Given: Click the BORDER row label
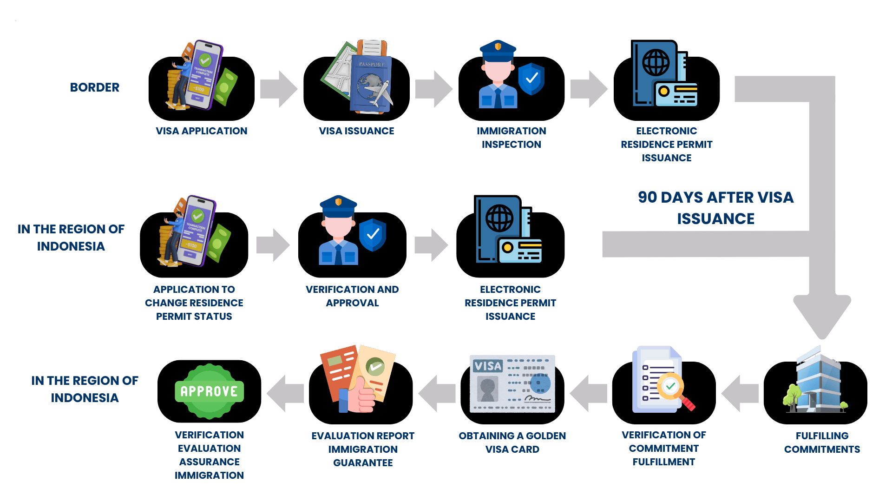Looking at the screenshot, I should pyautogui.click(x=95, y=87).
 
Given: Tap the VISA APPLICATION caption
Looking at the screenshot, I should pyautogui.click(x=202, y=131).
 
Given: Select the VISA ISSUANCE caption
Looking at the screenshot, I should pyautogui.click(x=356, y=131).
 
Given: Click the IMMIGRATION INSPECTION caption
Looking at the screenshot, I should pyautogui.click(x=511, y=138).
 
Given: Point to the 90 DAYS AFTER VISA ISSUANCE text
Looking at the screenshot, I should pyautogui.click(x=715, y=208).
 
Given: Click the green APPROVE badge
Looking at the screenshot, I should pyautogui.click(x=210, y=391).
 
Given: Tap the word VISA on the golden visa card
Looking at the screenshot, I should pyautogui.click(x=487, y=366).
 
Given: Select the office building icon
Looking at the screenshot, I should pyautogui.click(x=818, y=381).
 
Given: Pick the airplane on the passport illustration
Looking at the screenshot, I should pyautogui.click(x=380, y=93).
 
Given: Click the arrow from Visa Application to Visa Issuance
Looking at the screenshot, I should pyautogui.click(x=278, y=89).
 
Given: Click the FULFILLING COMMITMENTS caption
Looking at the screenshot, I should pyautogui.click(x=822, y=443).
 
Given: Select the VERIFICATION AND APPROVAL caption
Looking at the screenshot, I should pyautogui.click(x=352, y=296).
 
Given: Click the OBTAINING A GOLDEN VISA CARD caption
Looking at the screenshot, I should pyautogui.click(x=512, y=443).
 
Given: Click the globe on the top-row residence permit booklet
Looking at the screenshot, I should pyautogui.click(x=656, y=62).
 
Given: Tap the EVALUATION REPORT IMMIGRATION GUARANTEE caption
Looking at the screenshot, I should pyautogui.click(x=363, y=449).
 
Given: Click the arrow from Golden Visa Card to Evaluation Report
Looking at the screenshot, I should pyautogui.click(x=437, y=393).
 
